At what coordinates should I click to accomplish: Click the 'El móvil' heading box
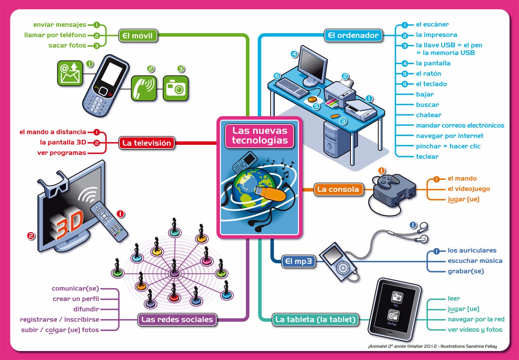pos(138,36)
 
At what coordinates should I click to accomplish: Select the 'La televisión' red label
pos(146,143)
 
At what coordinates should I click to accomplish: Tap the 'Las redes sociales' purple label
pos(177,319)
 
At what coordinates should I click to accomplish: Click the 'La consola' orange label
pos(338,189)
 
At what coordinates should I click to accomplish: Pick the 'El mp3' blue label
pos(298,261)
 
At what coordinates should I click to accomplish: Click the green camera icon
pos(175,88)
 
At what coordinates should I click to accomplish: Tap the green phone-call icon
pos(143,88)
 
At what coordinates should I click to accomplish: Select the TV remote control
pos(109,221)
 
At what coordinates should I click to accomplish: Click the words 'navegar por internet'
pos(449,136)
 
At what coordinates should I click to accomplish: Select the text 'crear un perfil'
pos(76,299)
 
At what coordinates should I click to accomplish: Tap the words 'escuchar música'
pos(475,261)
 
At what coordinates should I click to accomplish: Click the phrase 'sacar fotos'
pos(67,46)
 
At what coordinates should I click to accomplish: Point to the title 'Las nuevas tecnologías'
pos(260,135)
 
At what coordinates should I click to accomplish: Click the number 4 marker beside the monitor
pos(294,54)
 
